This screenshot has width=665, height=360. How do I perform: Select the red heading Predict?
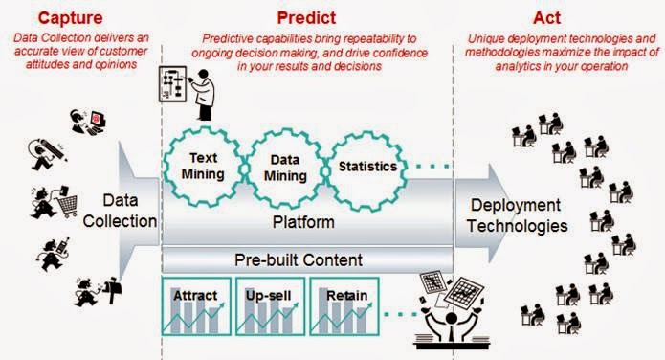[x=301, y=16]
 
